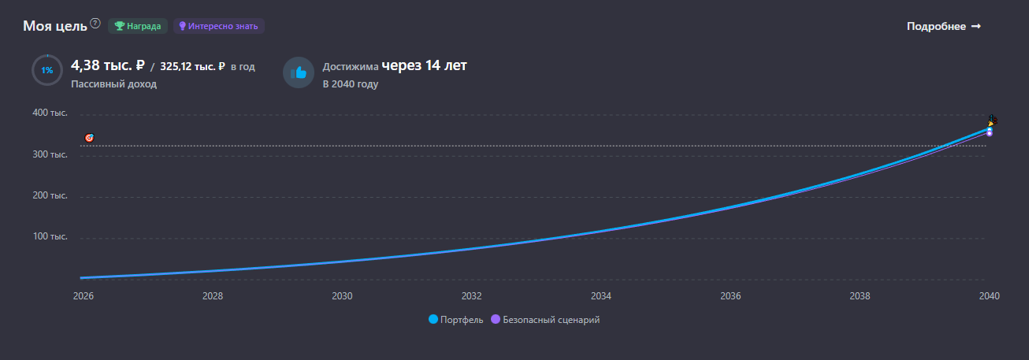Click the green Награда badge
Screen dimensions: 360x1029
(138, 26)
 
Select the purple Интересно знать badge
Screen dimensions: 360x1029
(218, 26)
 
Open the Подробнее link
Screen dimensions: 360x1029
(944, 26)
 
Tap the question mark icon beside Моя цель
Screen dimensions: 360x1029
(95, 24)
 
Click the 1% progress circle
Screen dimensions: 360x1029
(47, 71)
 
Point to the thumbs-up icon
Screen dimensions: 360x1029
(299, 72)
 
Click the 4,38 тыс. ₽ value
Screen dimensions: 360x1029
(108, 65)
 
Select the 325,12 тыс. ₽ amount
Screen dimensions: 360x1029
(192, 67)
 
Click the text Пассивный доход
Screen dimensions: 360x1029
(113, 84)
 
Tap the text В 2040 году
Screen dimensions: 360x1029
(350, 84)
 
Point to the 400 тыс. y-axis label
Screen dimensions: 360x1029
(50, 113)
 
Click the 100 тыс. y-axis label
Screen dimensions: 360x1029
(50, 236)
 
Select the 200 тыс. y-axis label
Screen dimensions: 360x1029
(50, 195)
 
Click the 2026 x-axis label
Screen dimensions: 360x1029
(83, 296)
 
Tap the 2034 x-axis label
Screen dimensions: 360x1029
(601, 296)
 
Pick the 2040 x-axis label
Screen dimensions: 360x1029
(989, 296)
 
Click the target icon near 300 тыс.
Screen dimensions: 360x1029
(89, 138)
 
